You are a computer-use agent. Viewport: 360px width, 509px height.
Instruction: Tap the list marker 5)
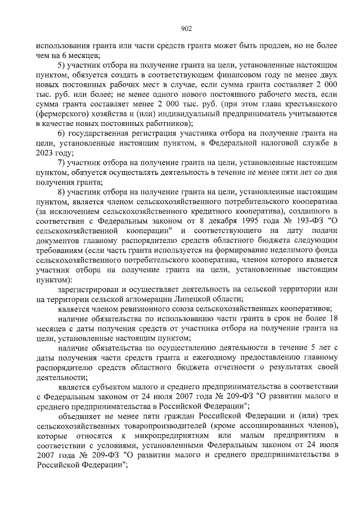(x=62, y=65)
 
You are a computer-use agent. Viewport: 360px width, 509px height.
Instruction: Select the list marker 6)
(x=62, y=133)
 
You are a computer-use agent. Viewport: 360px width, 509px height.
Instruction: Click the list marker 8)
(x=62, y=192)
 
